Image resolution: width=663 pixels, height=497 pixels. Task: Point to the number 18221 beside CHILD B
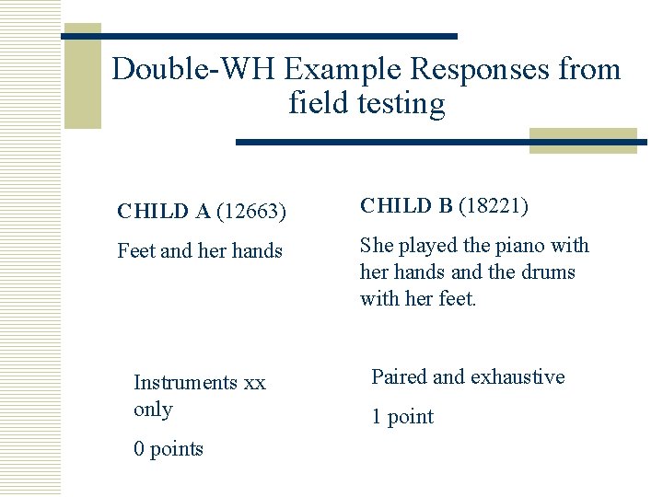click(x=494, y=206)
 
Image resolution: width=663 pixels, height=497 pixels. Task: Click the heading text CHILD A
click(x=164, y=212)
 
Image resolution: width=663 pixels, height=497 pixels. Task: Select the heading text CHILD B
click(x=406, y=206)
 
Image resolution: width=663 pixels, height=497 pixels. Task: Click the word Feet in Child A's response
click(x=136, y=250)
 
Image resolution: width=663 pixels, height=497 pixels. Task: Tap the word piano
click(x=519, y=246)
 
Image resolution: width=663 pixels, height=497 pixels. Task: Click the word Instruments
click(x=185, y=382)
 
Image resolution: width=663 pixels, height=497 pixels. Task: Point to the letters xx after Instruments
click(x=255, y=382)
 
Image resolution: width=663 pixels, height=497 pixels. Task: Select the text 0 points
click(x=169, y=449)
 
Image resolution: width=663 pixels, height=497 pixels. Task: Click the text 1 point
click(x=402, y=417)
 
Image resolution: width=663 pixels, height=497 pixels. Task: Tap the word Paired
click(x=399, y=376)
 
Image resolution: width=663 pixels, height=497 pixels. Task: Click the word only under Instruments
click(x=153, y=409)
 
